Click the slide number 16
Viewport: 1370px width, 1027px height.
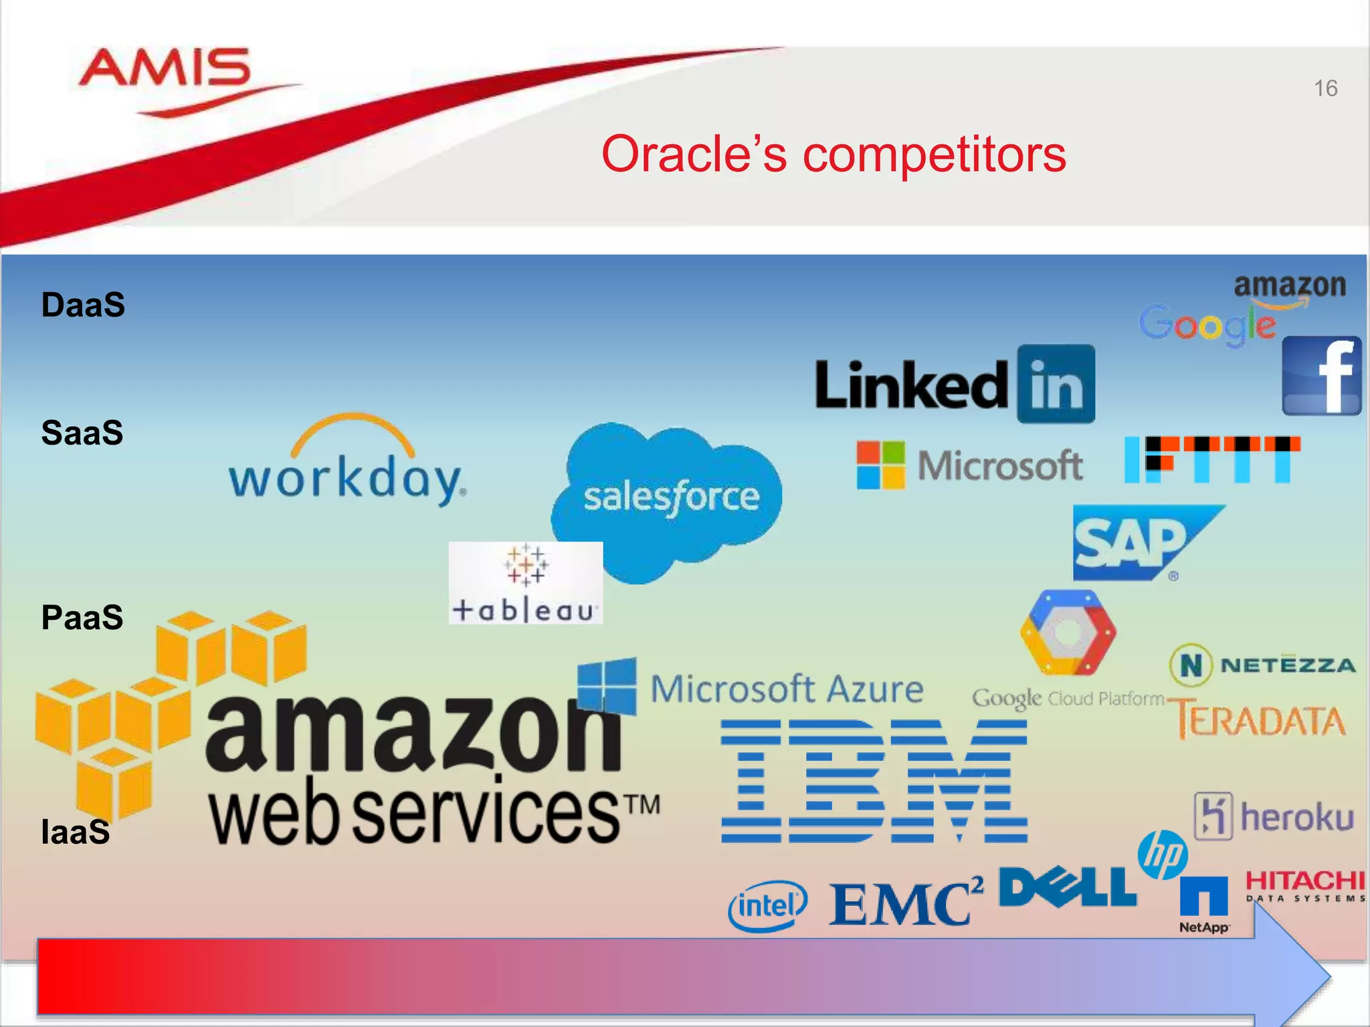(x=1325, y=88)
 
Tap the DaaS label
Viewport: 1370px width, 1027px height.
(x=83, y=305)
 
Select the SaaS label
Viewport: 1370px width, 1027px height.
(x=82, y=433)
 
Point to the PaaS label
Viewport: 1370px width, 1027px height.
(x=82, y=617)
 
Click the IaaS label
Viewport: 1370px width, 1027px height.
(x=75, y=832)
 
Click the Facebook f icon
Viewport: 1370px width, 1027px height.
(x=1322, y=376)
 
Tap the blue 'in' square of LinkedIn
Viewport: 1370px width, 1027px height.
(x=1056, y=384)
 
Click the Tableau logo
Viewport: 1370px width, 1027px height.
(x=526, y=583)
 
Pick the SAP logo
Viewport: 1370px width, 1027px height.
(x=1137, y=543)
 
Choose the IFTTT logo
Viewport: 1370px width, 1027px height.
(x=1212, y=459)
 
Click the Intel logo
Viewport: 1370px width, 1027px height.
(x=767, y=906)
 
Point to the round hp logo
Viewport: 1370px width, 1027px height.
(x=1163, y=854)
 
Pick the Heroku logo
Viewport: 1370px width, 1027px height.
(x=1274, y=816)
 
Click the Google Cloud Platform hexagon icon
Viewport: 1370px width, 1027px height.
(x=1068, y=632)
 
